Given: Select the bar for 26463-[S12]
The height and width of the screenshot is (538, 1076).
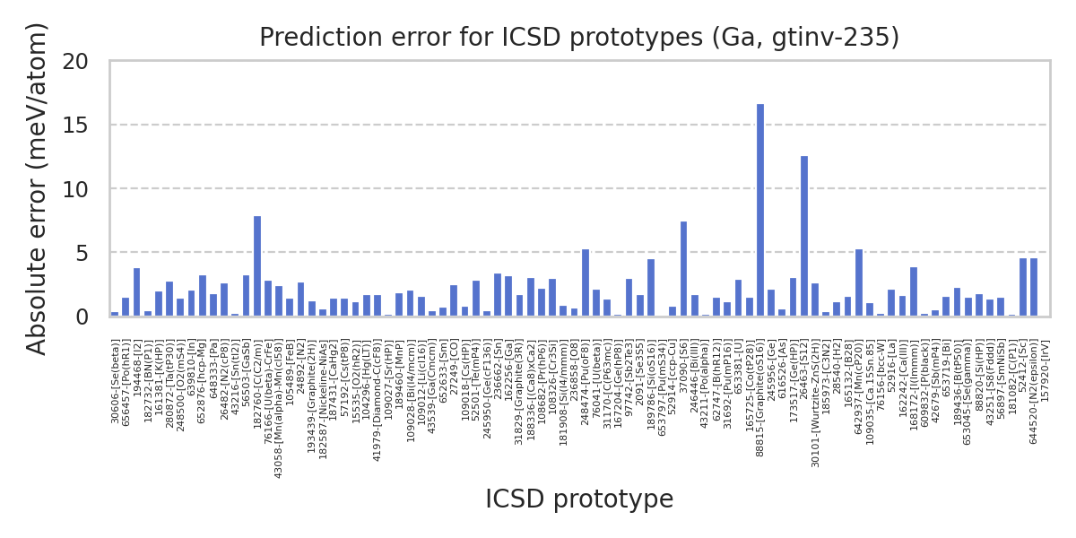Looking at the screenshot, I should [804, 237].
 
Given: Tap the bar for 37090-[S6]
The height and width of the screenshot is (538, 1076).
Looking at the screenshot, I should [683, 269].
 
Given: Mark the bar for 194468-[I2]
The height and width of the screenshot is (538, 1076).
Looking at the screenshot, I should [136, 292].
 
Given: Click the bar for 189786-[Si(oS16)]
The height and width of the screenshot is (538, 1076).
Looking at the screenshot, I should [651, 288].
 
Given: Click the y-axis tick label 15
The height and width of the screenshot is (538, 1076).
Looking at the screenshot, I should [76, 126].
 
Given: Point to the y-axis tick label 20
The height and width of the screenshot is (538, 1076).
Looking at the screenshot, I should [76, 62].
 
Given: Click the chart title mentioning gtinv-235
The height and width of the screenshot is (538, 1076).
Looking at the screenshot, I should [579, 38].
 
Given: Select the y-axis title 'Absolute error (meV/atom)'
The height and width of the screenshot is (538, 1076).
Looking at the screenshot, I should [37, 188].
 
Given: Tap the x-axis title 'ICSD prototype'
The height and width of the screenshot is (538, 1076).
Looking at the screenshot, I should [579, 499].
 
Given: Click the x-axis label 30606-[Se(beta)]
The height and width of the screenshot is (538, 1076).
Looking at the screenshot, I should [115, 381].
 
